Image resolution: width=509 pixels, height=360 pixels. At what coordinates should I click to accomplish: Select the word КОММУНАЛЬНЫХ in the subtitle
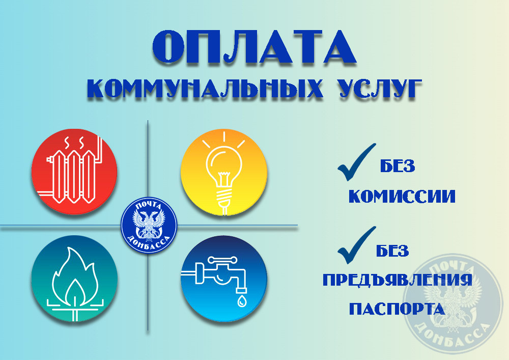205,88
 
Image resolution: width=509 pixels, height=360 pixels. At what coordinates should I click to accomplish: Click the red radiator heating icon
74,172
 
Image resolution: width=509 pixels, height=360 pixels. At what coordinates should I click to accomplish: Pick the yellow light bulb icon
223,172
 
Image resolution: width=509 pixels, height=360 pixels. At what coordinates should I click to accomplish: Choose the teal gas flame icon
74,279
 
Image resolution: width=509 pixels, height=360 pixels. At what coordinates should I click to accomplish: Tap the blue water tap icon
223,279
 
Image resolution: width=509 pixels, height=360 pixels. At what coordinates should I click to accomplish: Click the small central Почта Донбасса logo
149,225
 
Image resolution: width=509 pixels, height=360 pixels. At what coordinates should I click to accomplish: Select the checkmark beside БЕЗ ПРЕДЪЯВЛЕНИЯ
356,245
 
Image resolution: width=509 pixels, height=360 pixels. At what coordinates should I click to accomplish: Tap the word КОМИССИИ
402,197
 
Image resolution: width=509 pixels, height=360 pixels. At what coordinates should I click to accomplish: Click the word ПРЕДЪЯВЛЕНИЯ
398,280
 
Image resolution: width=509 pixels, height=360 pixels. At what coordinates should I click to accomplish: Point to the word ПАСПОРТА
397,309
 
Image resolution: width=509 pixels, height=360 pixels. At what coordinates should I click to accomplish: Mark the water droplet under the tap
241,301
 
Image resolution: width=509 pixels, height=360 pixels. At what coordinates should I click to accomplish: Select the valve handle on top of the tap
222,260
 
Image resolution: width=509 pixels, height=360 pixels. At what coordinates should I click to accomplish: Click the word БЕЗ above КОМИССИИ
398,166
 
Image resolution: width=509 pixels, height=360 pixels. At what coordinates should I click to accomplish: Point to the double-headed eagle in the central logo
149,225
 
